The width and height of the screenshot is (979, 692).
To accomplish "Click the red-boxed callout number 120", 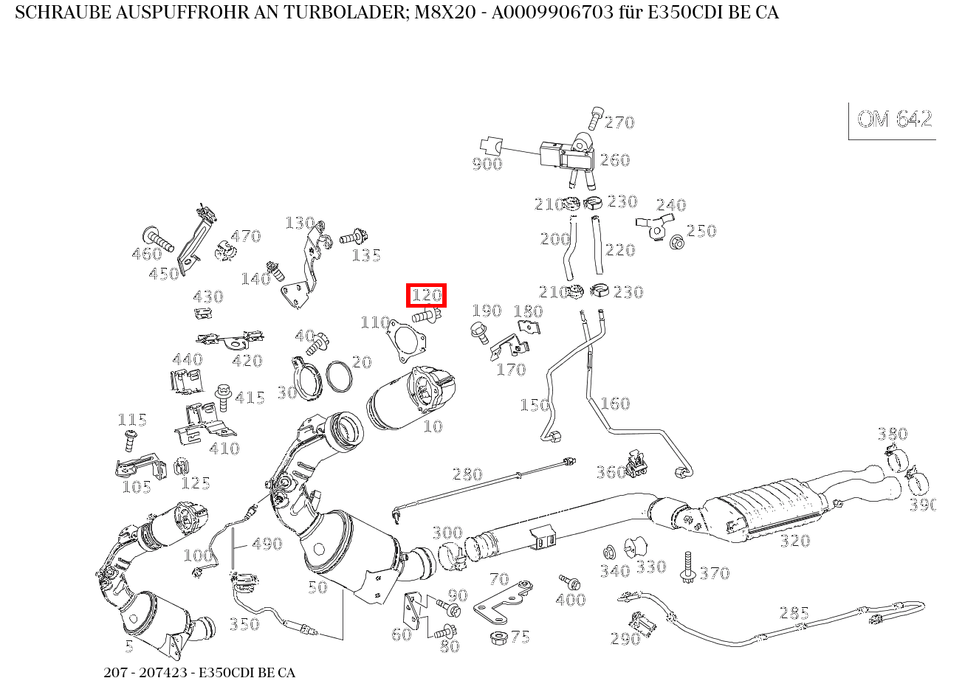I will [427, 295].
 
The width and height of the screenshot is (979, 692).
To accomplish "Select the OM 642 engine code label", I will [894, 120].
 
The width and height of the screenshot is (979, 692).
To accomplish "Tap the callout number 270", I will [619, 122].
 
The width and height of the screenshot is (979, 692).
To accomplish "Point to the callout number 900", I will [487, 164].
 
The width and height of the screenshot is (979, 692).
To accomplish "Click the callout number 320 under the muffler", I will [794, 541].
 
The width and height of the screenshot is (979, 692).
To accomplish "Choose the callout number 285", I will [794, 613].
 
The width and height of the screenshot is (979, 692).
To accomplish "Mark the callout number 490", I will [267, 544].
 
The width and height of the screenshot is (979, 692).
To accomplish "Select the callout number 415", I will [250, 398].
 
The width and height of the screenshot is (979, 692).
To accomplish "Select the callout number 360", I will [611, 472].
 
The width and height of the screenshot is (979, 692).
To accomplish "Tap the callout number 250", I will [701, 231].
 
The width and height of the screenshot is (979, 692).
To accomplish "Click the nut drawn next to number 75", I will [498, 636].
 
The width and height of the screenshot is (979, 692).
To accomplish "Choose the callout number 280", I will [467, 474].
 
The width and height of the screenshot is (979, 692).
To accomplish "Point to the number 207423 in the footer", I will [166, 673].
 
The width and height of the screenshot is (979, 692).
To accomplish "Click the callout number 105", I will [137, 487].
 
